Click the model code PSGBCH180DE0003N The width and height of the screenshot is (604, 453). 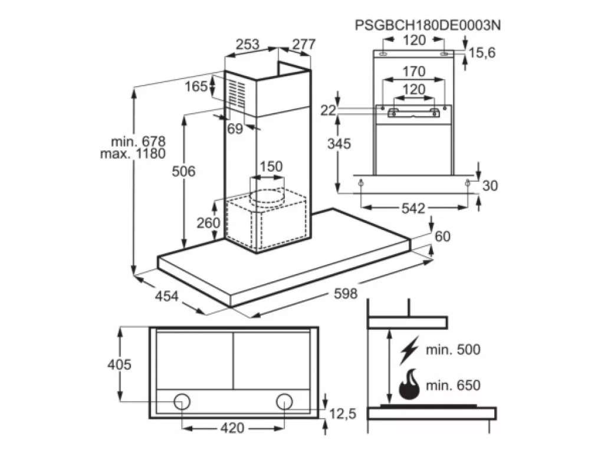(428, 25)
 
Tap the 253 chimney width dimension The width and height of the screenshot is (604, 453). (247, 44)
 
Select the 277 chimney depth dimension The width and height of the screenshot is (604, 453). (304, 44)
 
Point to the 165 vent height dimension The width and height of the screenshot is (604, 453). (196, 86)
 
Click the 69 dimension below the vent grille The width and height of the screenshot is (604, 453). (235, 129)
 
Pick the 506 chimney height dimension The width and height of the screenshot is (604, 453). (183, 171)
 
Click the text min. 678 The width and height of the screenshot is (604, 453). (138, 142)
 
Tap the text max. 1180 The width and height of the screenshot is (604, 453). (133, 154)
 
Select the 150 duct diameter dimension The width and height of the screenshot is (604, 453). (271, 167)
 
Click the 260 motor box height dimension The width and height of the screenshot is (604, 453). (208, 222)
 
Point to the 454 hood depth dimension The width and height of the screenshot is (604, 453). (167, 296)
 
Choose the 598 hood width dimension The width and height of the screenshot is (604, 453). (346, 294)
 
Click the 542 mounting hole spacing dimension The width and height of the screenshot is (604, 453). (413, 208)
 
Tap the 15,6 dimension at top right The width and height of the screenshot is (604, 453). (482, 52)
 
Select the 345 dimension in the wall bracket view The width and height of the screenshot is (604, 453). (339, 144)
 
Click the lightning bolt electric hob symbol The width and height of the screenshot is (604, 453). (409, 350)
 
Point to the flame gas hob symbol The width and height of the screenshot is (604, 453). (409, 385)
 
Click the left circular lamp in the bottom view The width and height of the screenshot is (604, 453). (182, 402)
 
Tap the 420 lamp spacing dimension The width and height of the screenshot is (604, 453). (232, 428)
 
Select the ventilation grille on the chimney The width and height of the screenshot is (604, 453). (235, 95)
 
